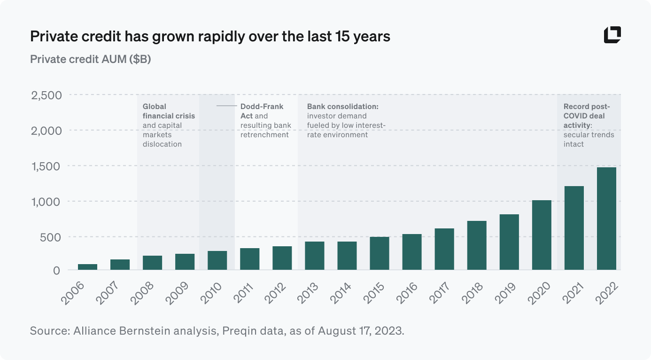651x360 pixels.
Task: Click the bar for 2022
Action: [606, 219]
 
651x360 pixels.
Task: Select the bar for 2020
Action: [542, 235]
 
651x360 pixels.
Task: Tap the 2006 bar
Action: [87, 267]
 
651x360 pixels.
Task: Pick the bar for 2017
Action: [444, 249]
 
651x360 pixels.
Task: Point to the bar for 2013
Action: [314, 256]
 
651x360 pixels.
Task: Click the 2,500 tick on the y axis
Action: [46, 95]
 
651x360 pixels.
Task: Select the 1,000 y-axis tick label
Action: [46, 202]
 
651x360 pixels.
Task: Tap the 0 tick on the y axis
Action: [57, 270]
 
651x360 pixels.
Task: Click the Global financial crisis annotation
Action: [169, 111]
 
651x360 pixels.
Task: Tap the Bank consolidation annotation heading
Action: [342, 107]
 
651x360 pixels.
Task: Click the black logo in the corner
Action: [612, 35]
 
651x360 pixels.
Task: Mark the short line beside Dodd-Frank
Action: [226, 106]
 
